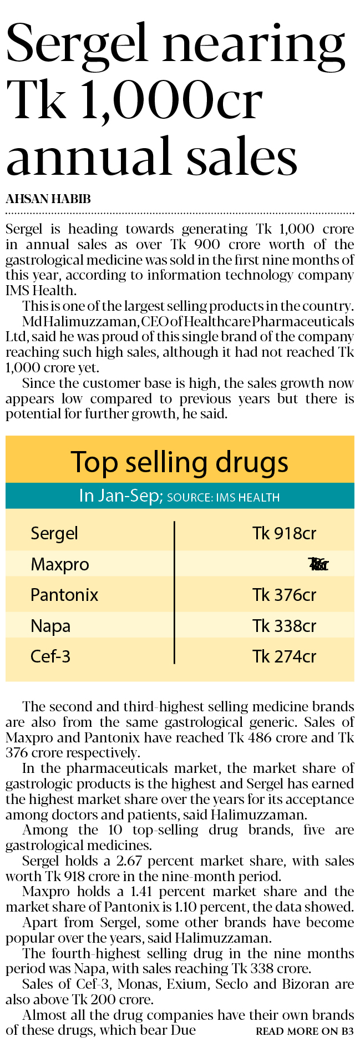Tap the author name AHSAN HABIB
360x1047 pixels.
pyautogui.click(x=48, y=199)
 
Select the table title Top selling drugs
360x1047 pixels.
pyautogui.click(x=179, y=462)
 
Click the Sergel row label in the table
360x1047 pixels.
pyautogui.click(x=54, y=534)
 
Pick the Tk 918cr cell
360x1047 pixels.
pyautogui.click(x=284, y=534)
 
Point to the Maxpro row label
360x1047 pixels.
pyautogui.click(x=59, y=565)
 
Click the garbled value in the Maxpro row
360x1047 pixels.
pyautogui.click(x=318, y=565)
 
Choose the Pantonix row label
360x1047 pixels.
pyautogui.click(x=64, y=595)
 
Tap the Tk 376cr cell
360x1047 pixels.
pyautogui.click(x=284, y=595)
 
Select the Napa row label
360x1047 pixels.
pyautogui.click(x=50, y=626)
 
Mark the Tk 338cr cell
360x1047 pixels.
pyautogui.click(x=284, y=626)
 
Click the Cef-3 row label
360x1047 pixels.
pyautogui.click(x=50, y=657)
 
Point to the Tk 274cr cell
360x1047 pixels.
pyautogui.click(x=284, y=657)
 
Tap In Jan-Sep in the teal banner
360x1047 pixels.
pyautogui.click(x=119, y=495)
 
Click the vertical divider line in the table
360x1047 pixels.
pyautogui.click(x=174, y=593)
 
